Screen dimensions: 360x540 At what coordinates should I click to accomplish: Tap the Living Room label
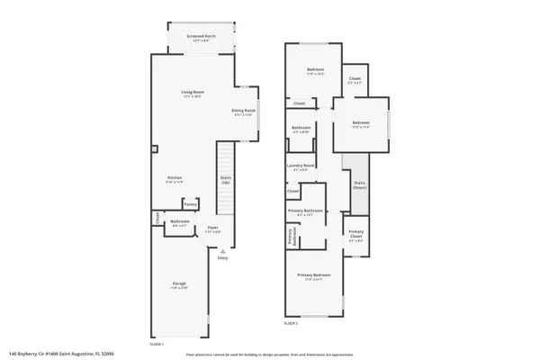click(192, 94)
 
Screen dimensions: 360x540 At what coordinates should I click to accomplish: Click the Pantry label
click(190, 204)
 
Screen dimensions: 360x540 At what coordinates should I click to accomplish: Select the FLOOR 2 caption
click(291, 322)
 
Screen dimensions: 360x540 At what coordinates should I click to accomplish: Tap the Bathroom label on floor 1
click(179, 223)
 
